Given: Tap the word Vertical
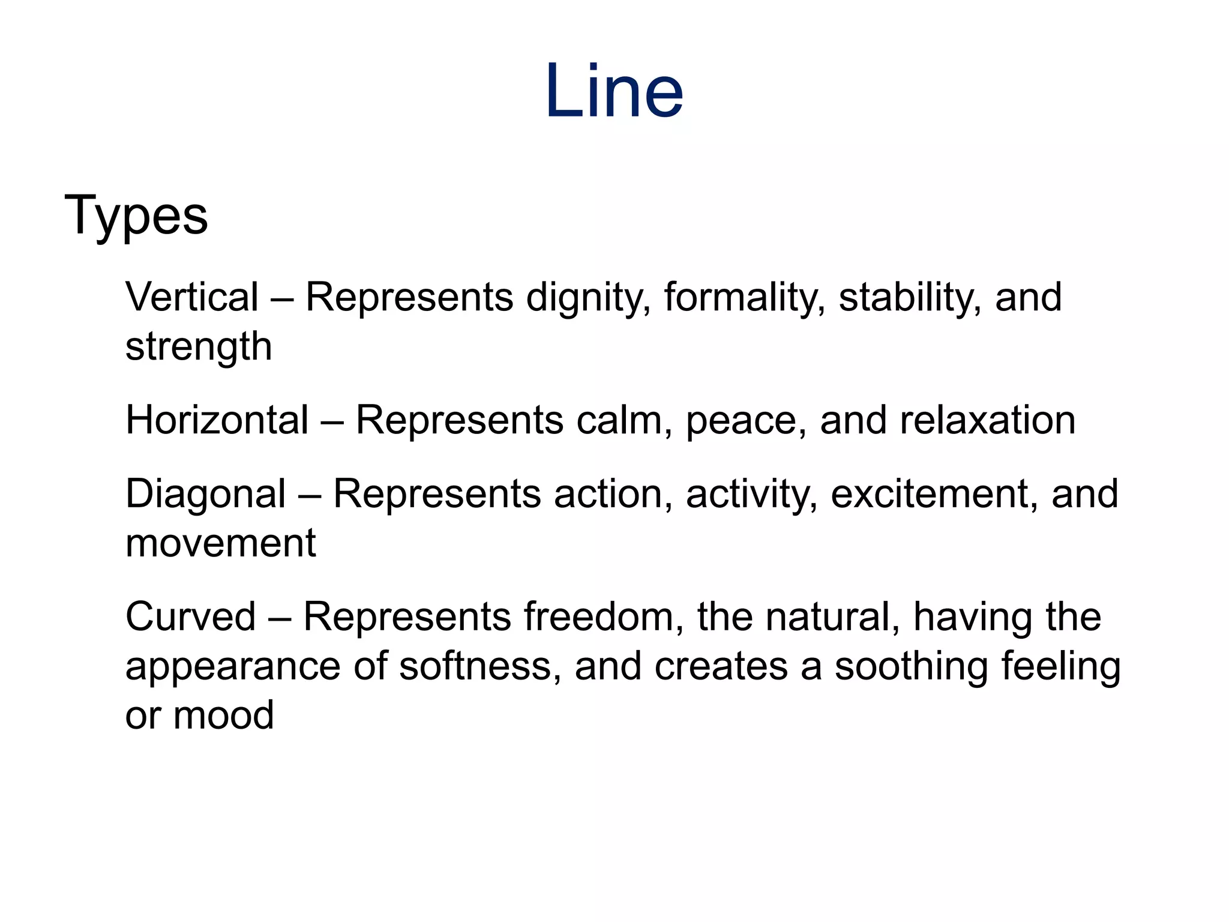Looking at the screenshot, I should pos(192,297).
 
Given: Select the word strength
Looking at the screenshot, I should pos(199,348).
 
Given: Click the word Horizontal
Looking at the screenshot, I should pos(217,420).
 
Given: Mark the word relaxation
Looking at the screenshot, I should pos(987,420).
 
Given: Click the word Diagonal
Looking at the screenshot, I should pos(205,495).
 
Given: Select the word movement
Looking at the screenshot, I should pos(220,543).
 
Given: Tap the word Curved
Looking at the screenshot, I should pos(191,617).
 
